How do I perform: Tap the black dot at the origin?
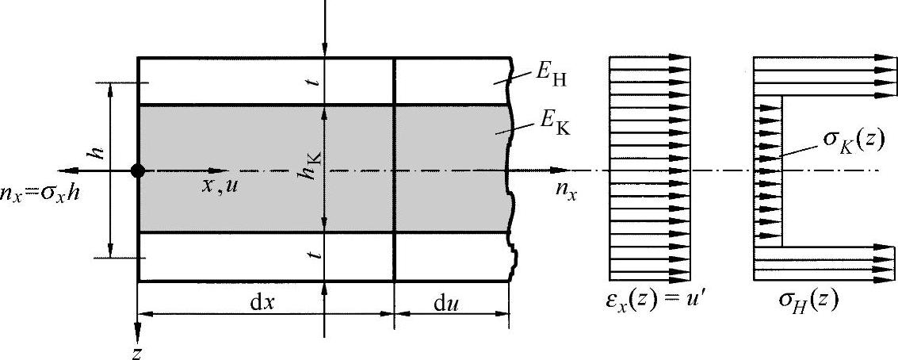coord(138,170)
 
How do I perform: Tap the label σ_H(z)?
coord(808,303)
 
